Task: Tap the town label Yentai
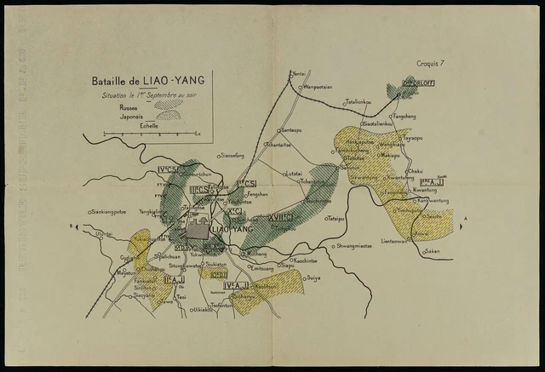tap(299, 75)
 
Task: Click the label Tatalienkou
tap(359, 101)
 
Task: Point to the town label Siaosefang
tap(232, 156)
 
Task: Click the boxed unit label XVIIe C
tap(280, 218)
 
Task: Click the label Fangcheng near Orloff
tap(404, 115)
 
